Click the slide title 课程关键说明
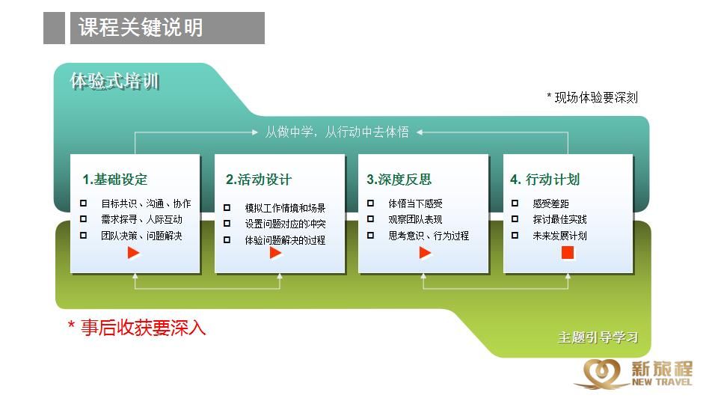point(141,28)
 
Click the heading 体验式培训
point(114,82)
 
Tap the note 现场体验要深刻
point(596,97)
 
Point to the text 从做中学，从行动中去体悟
point(337,132)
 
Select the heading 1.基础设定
point(115,179)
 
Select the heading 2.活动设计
point(259,179)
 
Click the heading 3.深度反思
point(399,179)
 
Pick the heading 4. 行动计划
point(545,179)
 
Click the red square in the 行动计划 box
point(568,252)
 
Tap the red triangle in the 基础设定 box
point(133,252)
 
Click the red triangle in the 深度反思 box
point(425,252)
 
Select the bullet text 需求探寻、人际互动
point(141,219)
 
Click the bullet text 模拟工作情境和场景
point(285,208)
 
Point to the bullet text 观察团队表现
point(415,219)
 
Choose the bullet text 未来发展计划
point(559,236)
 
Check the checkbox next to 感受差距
point(515,203)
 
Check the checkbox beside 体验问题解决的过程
point(227,239)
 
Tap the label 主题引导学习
point(598,337)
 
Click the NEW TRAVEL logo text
point(662,382)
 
